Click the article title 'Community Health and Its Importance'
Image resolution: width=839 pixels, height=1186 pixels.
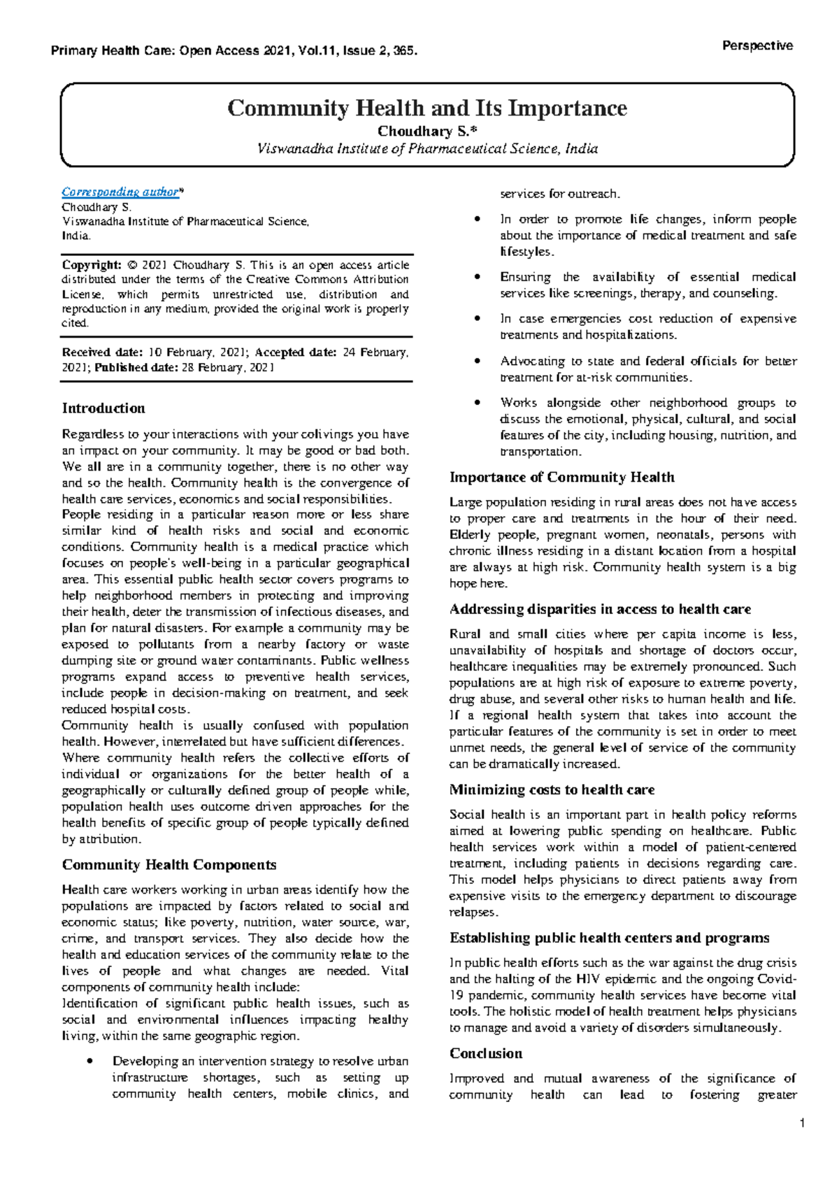pos(426,108)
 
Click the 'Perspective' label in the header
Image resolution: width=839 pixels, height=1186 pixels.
pos(757,46)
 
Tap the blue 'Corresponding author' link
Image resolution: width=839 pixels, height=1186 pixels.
pos(120,192)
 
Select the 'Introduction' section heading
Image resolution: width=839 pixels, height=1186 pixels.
pos(103,408)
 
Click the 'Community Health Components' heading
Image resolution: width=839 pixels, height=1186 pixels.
pos(169,865)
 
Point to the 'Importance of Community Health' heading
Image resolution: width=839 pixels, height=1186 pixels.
pos(561,478)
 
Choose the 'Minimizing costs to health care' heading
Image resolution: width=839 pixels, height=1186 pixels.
pos(552,790)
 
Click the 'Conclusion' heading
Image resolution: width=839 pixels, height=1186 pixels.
pos(486,1054)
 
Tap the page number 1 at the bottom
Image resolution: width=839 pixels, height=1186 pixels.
pos(803,1123)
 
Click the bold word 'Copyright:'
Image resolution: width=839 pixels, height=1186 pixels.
pos(92,265)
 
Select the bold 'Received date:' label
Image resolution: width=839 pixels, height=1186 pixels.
pos(102,352)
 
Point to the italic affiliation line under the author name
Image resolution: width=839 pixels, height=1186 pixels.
pos(427,148)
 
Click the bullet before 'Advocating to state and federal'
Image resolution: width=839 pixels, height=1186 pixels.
pos(478,362)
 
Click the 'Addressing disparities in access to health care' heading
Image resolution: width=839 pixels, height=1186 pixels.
pos(600,610)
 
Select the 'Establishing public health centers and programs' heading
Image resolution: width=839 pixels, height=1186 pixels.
pos(609,938)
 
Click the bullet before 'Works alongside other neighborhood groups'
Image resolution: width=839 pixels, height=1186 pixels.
pos(478,403)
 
